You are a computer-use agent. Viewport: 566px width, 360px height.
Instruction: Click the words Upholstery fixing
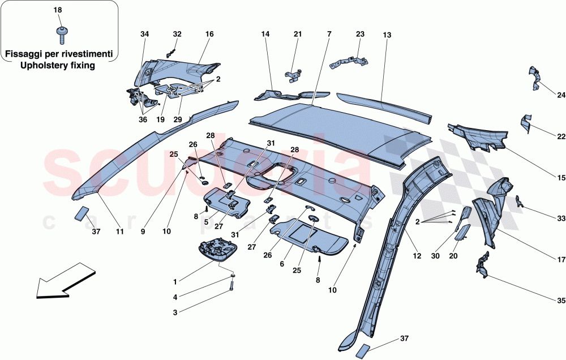(x=59, y=65)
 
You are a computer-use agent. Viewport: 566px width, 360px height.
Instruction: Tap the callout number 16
(x=209, y=35)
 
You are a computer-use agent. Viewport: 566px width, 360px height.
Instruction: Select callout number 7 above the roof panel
(x=328, y=35)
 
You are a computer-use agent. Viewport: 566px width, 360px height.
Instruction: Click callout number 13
(x=387, y=35)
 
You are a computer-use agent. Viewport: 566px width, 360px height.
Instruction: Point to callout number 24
(x=561, y=95)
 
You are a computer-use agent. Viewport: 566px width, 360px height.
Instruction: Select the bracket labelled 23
(x=346, y=59)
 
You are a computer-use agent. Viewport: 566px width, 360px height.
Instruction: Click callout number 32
(x=177, y=35)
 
